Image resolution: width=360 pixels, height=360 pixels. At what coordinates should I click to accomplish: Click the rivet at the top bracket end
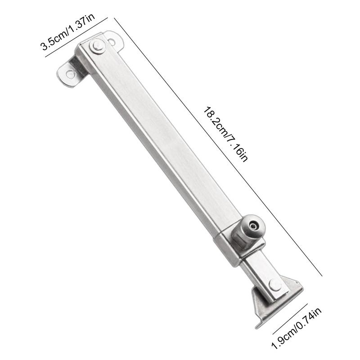coord(96,45)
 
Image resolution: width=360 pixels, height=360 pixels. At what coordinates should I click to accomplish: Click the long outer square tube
coord(162,139)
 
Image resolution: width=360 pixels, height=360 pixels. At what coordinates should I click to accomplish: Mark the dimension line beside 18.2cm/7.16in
coord(216,144)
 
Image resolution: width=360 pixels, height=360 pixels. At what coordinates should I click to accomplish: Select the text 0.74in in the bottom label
coord(310,319)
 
